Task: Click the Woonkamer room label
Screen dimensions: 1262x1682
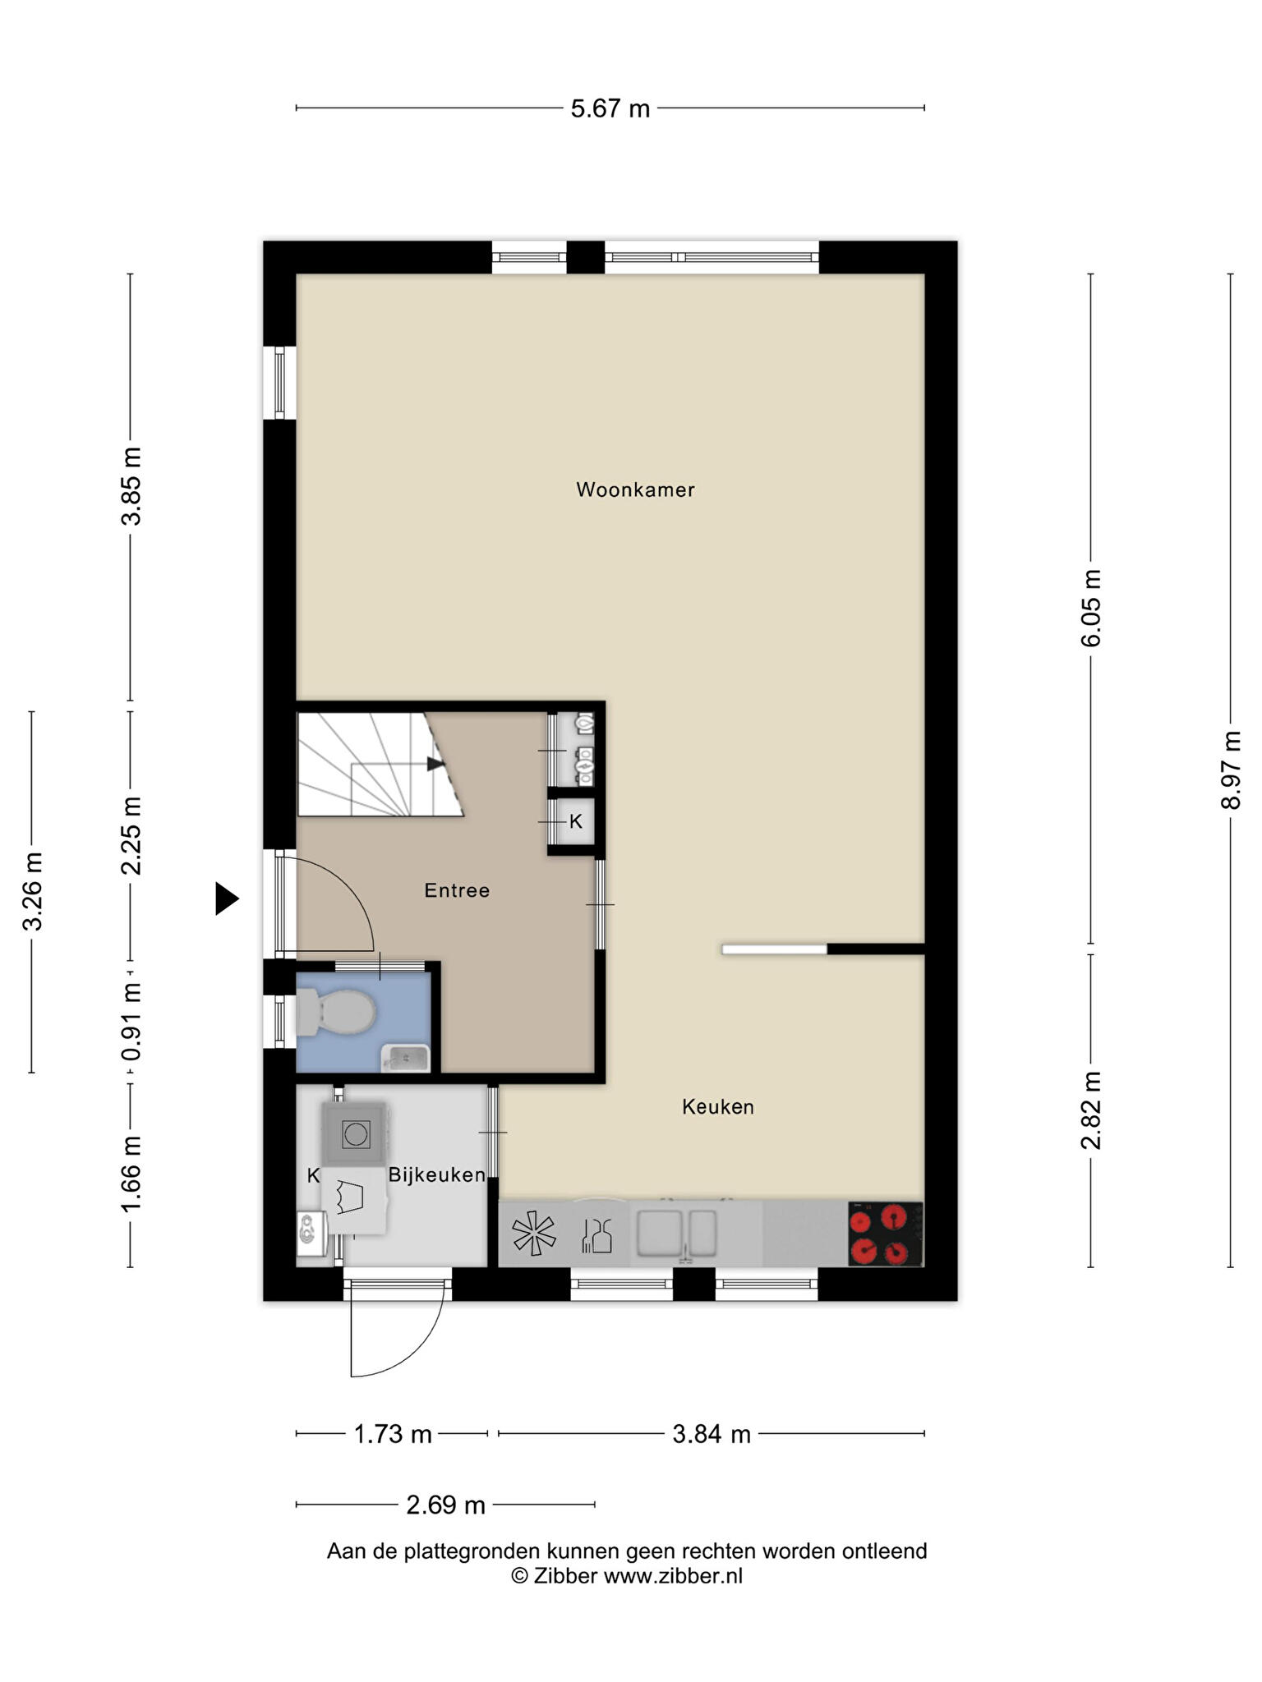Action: (635, 490)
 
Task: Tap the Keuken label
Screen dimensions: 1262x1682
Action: (718, 1107)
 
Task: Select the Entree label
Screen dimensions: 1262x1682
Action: (457, 890)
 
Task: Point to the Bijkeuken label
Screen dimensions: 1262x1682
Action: (436, 1175)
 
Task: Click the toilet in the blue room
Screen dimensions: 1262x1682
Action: (335, 1012)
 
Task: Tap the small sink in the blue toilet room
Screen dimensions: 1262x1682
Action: (406, 1058)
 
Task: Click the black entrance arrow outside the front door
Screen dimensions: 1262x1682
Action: (227, 898)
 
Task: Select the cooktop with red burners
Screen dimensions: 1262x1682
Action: (886, 1234)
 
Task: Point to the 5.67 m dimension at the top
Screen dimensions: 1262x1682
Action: (610, 108)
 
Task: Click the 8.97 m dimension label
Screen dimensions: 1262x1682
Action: (1230, 770)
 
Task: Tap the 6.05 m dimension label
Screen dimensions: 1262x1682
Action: (1090, 608)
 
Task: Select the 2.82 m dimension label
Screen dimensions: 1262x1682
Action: (1090, 1110)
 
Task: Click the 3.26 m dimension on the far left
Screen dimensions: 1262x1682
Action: (32, 891)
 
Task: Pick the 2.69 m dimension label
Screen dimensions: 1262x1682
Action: (446, 1505)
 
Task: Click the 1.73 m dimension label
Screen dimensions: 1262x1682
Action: (393, 1434)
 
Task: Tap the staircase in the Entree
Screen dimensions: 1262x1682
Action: (380, 765)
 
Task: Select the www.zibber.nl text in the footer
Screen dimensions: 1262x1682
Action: (673, 1576)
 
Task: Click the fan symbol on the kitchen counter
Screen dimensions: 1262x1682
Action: (534, 1234)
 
